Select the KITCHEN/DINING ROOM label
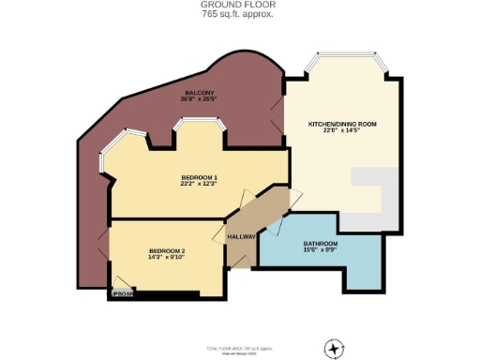(342, 124)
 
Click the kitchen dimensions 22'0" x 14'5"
(342, 131)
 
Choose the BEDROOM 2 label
(167, 249)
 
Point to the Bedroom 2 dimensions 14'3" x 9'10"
(167, 257)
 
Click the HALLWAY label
(242, 237)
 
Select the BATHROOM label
(320, 243)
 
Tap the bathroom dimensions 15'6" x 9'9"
(320, 250)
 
